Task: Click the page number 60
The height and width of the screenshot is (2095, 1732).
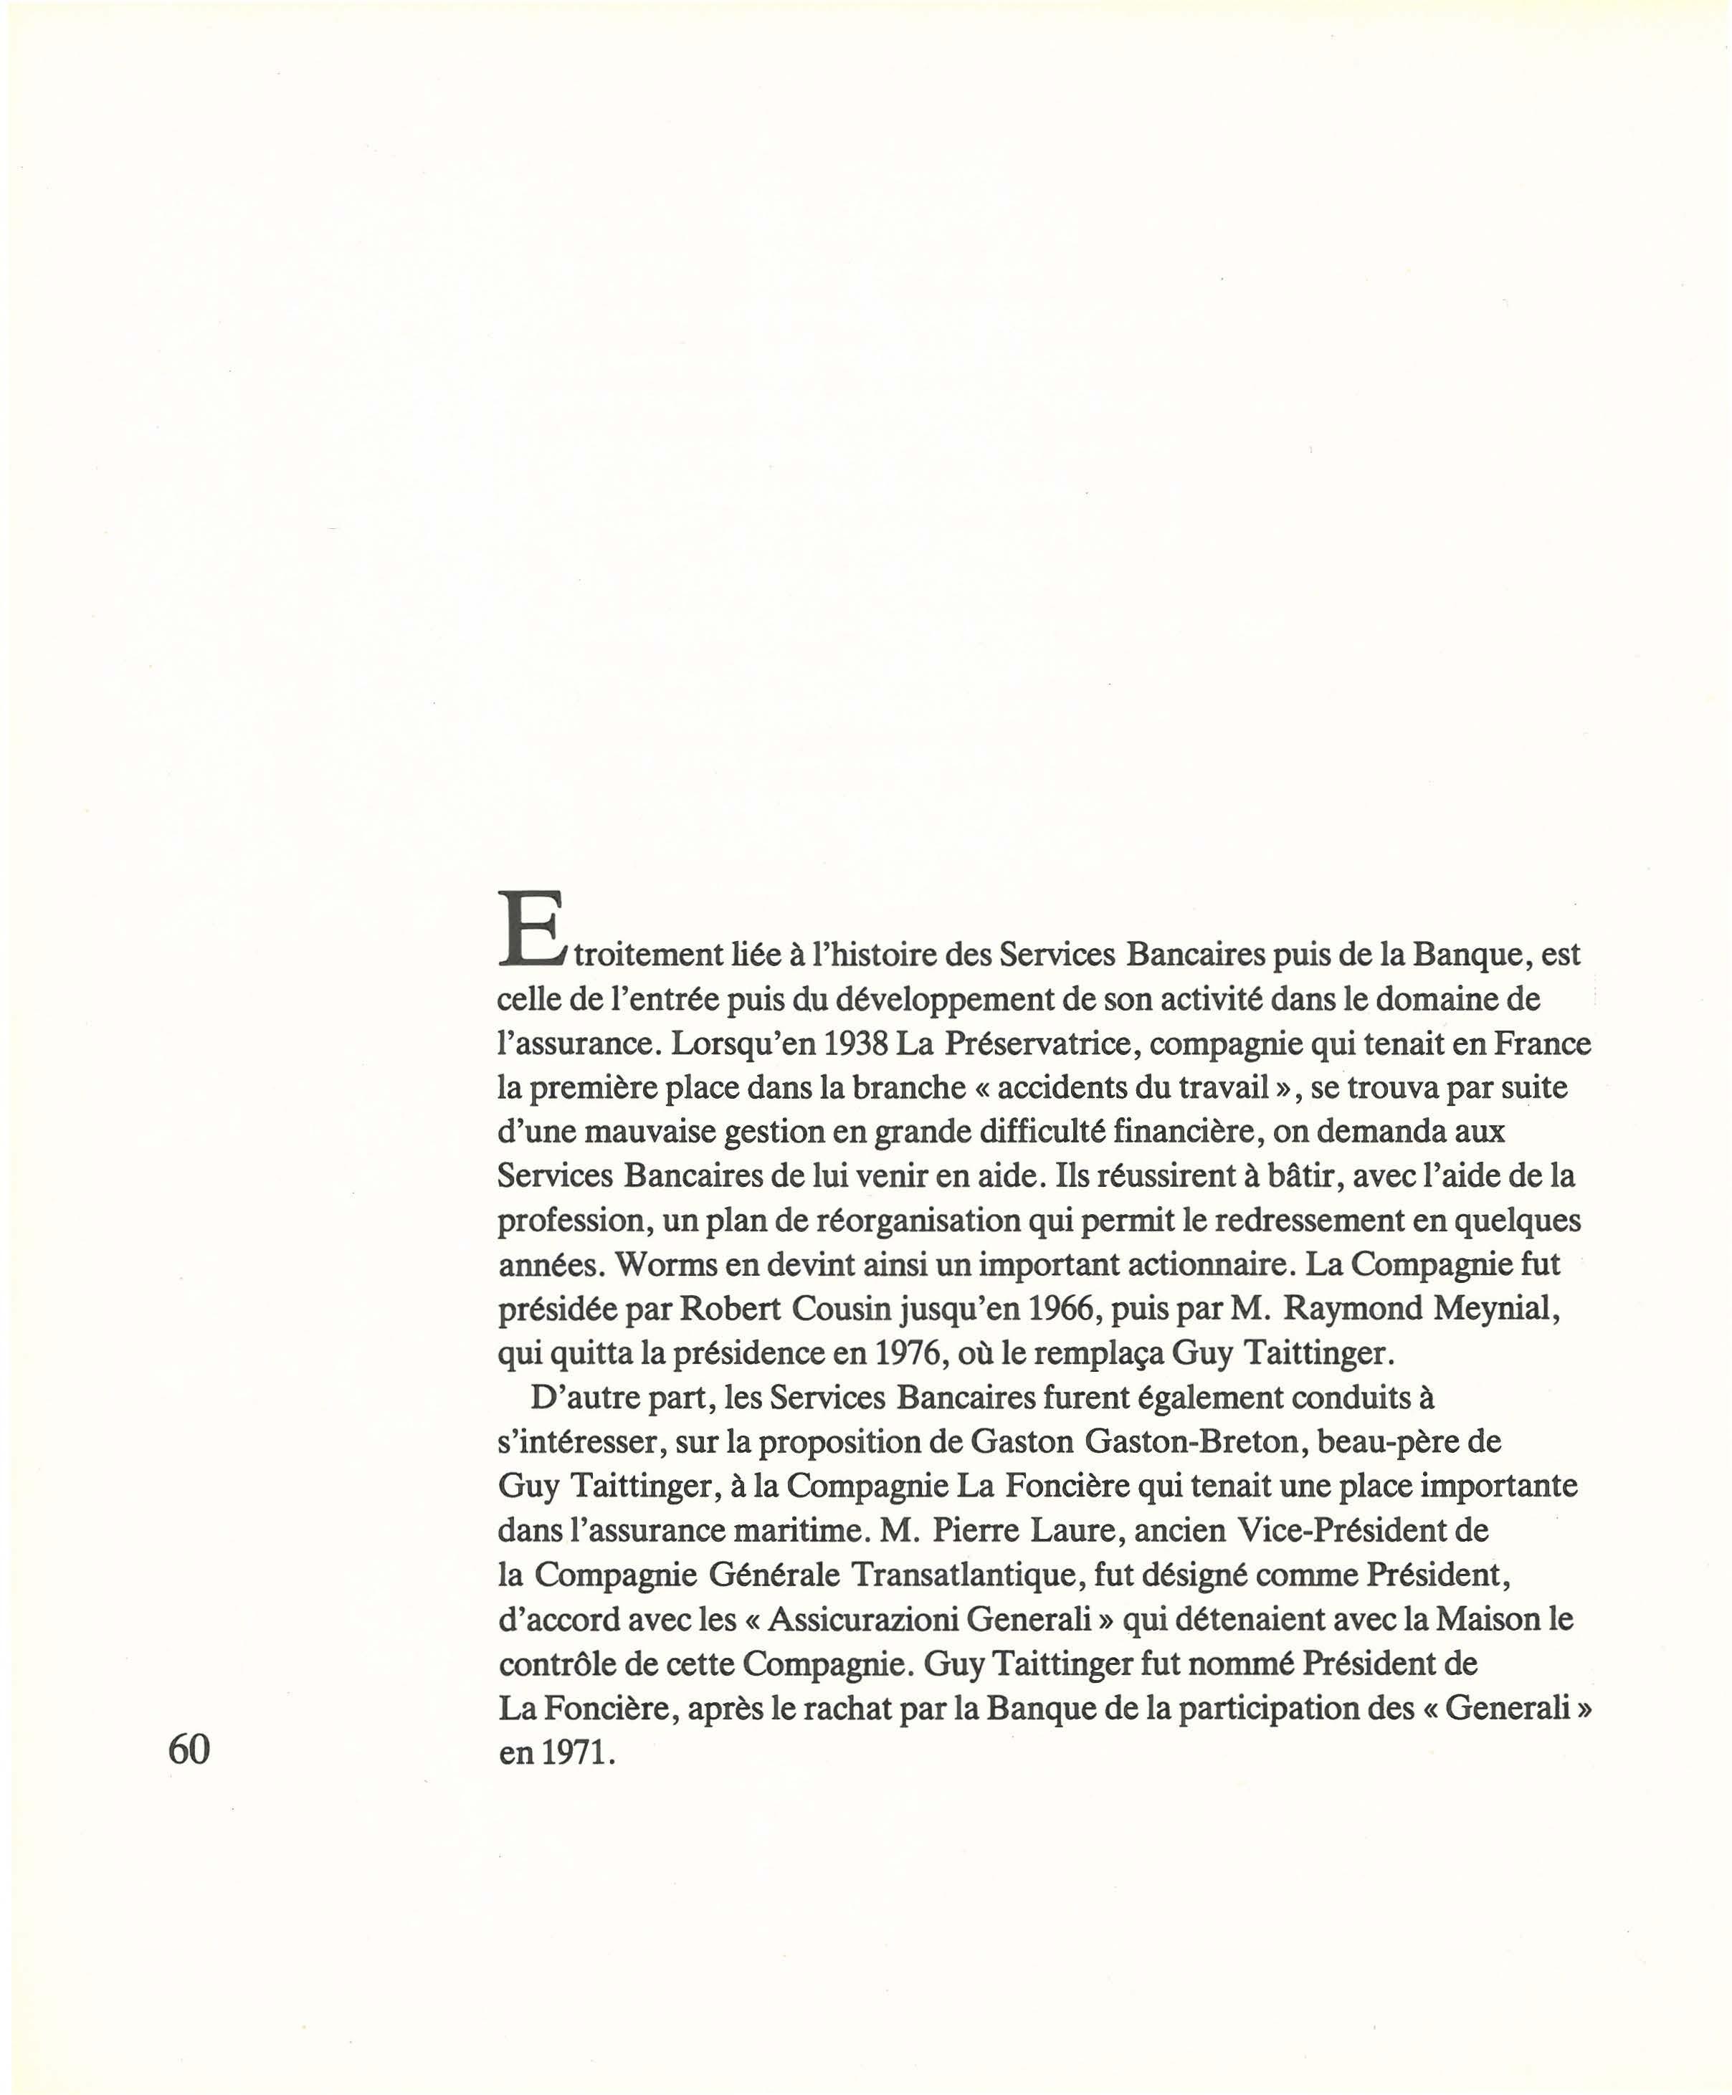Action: (x=189, y=1777)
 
